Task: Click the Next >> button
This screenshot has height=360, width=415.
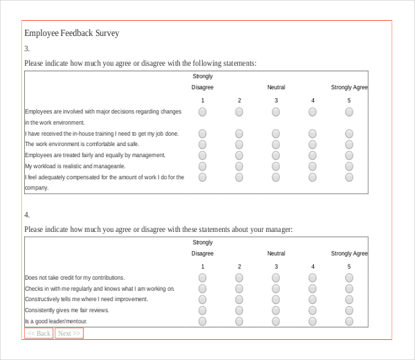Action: [x=69, y=334]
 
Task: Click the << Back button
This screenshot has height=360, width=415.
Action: [x=39, y=334]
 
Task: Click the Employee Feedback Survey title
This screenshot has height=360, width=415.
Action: [x=72, y=33]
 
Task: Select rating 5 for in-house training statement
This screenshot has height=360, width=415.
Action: [x=349, y=134]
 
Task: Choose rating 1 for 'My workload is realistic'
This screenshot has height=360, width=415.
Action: [x=203, y=166]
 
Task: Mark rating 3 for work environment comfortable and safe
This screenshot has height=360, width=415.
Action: [x=276, y=144]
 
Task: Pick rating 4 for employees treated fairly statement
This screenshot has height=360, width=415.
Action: [x=313, y=155]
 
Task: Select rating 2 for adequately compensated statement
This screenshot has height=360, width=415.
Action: [x=239, y=177]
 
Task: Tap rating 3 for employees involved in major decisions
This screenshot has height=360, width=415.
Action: [x=276, y=111]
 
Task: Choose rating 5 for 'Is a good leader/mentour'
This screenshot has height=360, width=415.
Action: [x=349, y=321]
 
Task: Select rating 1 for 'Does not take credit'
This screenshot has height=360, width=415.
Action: [x=203, y=278]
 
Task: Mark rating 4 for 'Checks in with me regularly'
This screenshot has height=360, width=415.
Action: [x=313, y=289]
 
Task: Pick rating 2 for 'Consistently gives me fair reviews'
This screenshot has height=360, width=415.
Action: [x=239, y=310]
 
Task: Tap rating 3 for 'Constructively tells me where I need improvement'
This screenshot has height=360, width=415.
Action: [x=276, y=300]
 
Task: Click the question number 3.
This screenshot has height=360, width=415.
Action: [x=27, y=48]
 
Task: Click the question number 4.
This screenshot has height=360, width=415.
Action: [x=27, y=215]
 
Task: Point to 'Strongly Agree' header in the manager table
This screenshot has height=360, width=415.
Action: [x=349, y=253]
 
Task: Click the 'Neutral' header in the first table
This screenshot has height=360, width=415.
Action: [x=276, y=87]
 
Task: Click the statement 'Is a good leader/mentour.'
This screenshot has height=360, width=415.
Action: [x=56, y=321]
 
